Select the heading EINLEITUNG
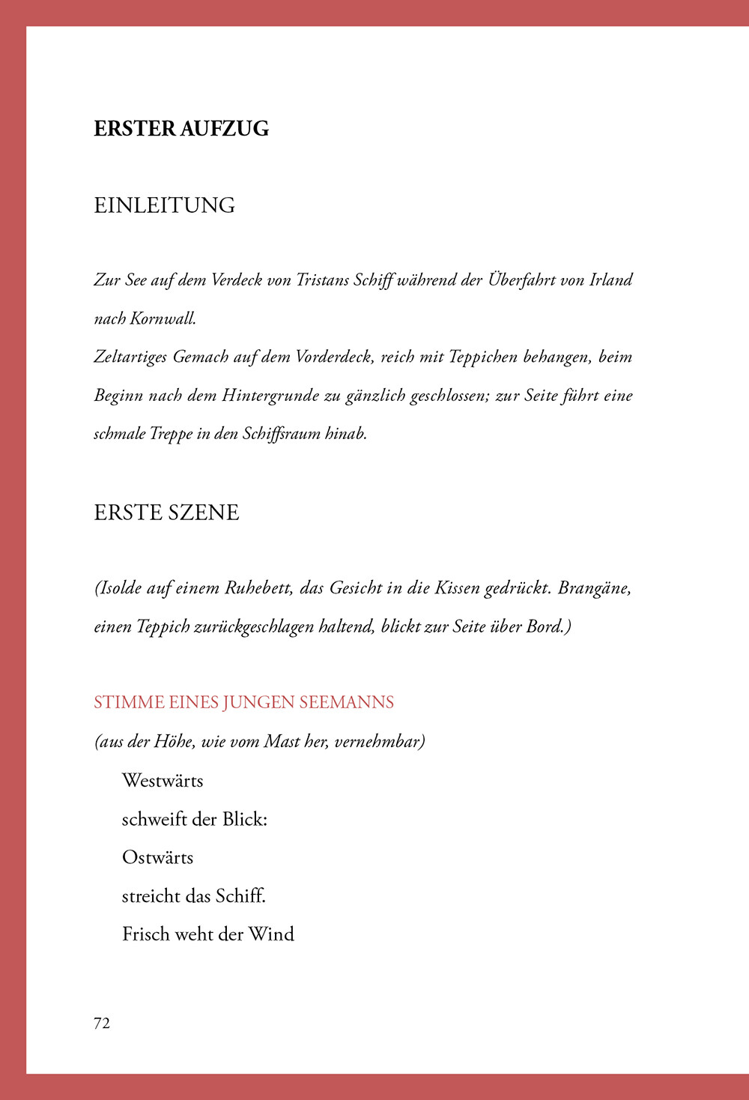(165, 205)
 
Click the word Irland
(611, 280)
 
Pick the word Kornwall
(163, 318)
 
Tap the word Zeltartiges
(130, 357)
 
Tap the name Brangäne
(595, 588)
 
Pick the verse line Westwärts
(163, 781)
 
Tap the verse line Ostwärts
(157, 858)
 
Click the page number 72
(102, 1024)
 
